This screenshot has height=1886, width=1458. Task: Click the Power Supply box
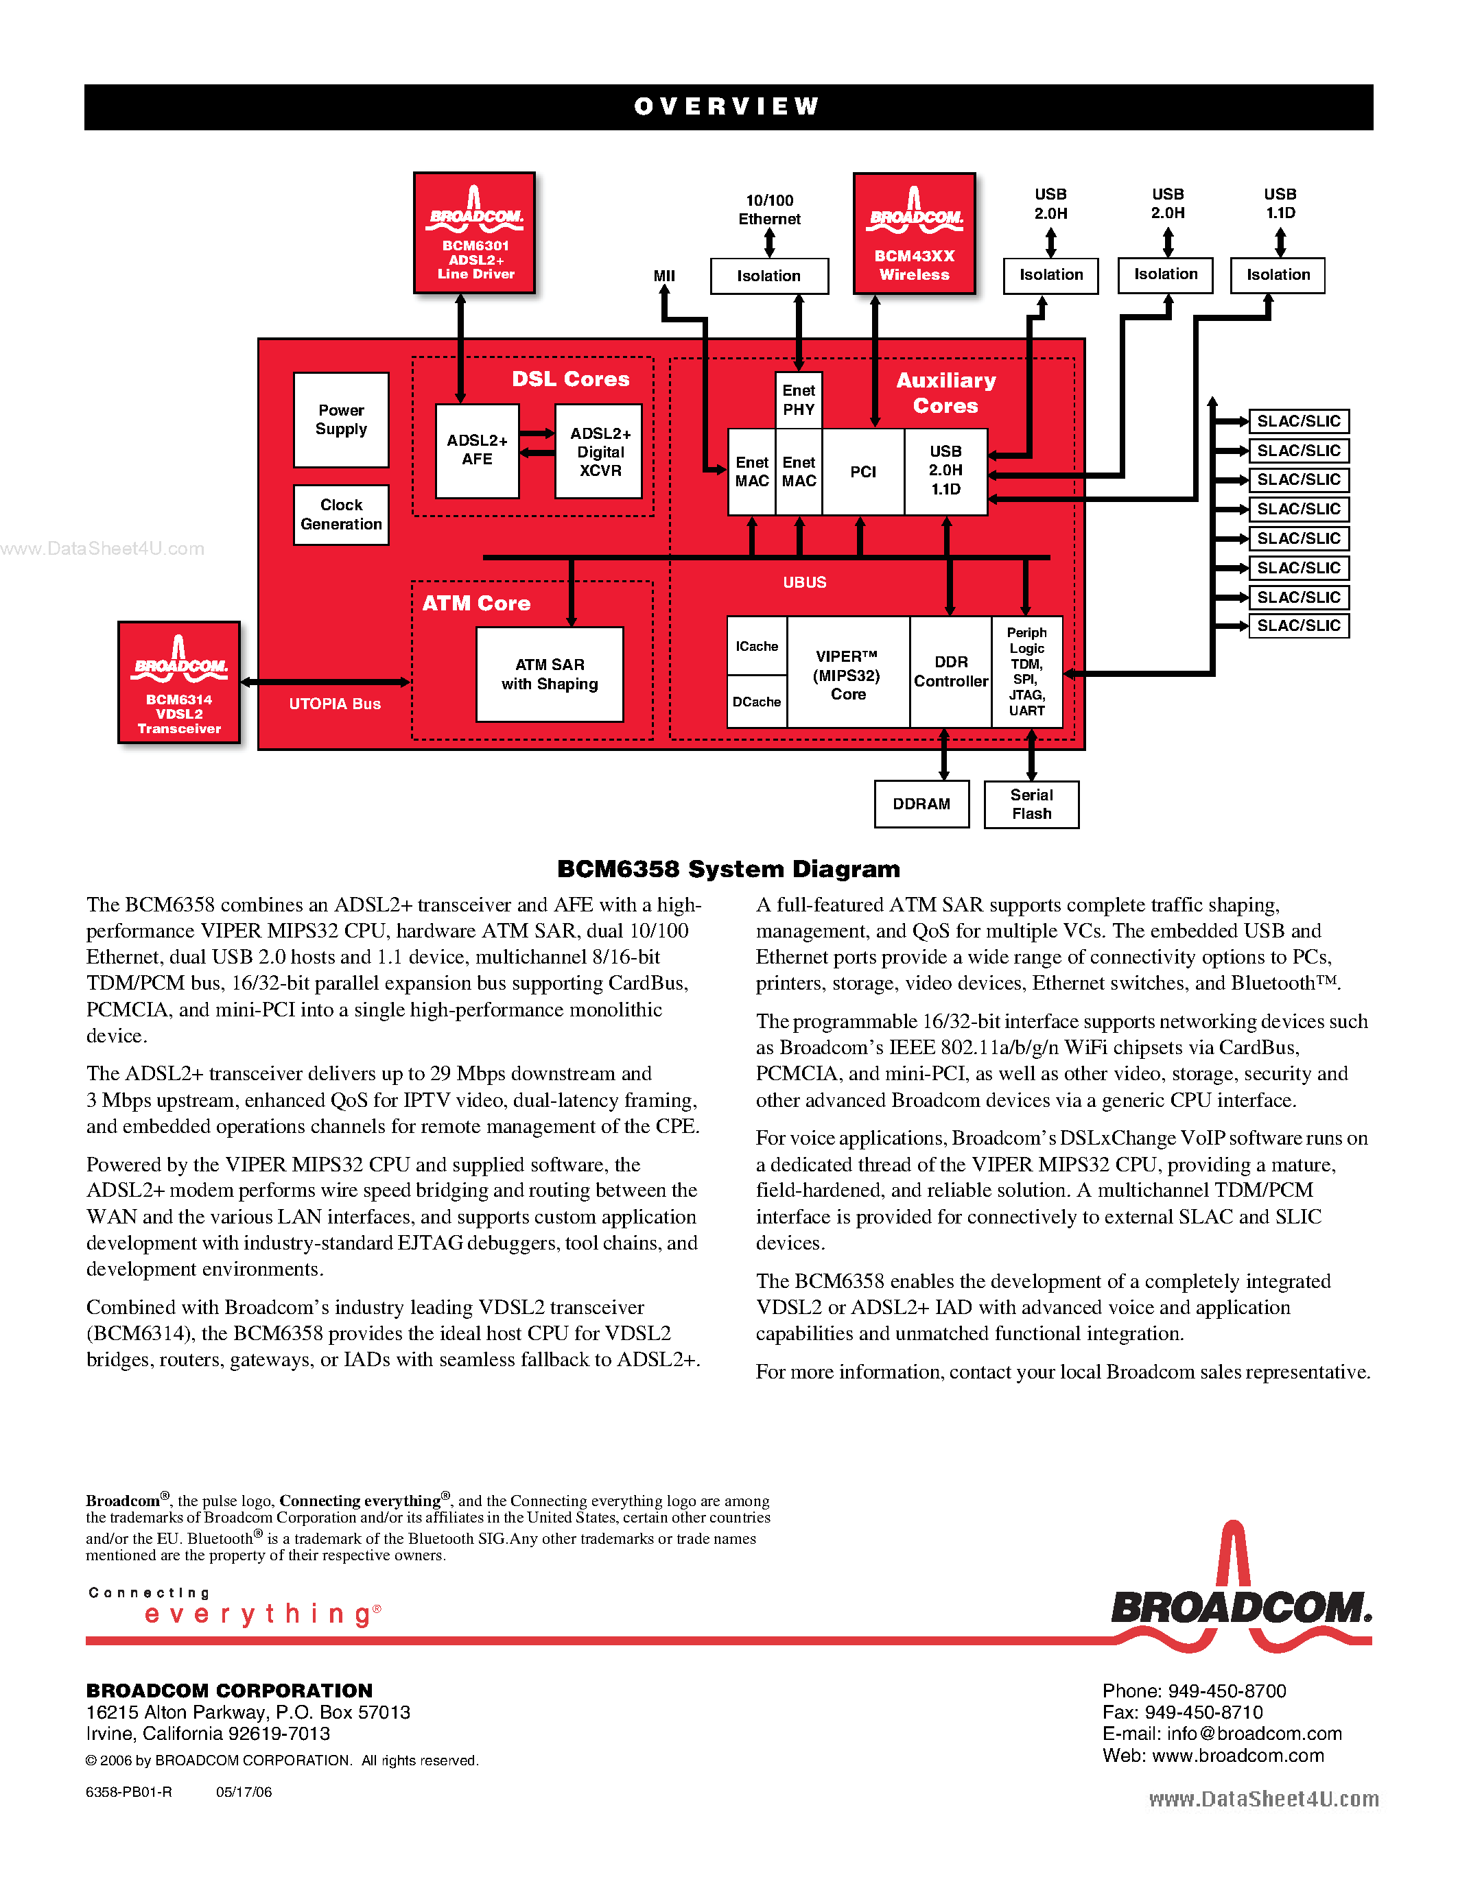point(341,420)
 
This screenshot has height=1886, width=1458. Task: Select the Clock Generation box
point(341,514)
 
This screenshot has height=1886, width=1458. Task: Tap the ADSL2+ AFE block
point(477,451)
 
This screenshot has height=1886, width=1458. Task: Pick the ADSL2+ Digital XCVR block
point(600,452)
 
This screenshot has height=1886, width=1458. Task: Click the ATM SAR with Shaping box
point(550,674)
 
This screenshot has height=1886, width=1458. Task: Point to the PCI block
point(863,472)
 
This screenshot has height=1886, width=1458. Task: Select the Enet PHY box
point(799,400)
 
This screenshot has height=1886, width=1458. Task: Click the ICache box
point(757,646)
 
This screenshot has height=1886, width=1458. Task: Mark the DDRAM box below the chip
point(921,804)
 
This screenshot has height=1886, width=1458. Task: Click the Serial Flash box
point(1031,804)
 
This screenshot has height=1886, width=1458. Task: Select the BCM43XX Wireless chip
point(914,234)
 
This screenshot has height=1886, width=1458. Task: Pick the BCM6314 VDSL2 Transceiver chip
point(179,682)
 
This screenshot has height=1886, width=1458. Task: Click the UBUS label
point(804,583)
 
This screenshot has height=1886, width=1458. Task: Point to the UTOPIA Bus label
point(335,704)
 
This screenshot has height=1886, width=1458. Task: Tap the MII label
point(664,276)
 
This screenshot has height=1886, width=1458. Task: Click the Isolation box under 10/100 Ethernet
point(768,276)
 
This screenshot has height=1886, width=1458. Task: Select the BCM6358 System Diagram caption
point(728,869)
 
